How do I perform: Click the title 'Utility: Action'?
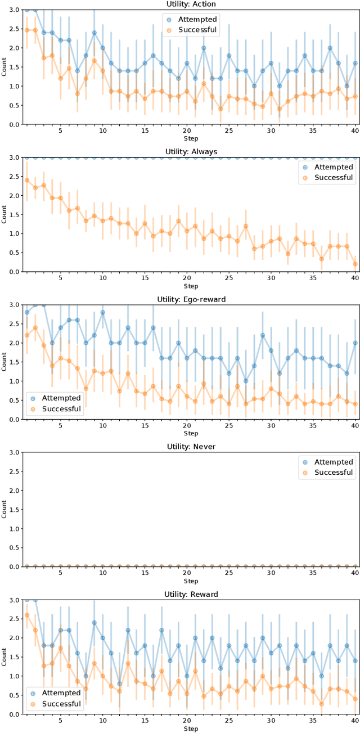(191, 5)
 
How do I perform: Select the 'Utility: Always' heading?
(191, 152)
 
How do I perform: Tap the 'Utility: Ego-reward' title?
(191, 299)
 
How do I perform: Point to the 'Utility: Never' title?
(191, 447)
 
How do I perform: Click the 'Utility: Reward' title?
(191, 594)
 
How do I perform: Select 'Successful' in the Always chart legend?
(334, 177)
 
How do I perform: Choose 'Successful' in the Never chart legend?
(334, 472)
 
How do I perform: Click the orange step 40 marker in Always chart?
(355, 264)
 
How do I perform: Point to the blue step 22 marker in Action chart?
(204, 48)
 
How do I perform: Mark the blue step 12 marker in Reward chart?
(119, 683)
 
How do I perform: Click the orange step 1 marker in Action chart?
(27, 30)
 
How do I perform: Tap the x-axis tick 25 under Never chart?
(229, 573)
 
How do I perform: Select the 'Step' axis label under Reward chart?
(191, 728)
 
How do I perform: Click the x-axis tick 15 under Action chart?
(145, 131)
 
